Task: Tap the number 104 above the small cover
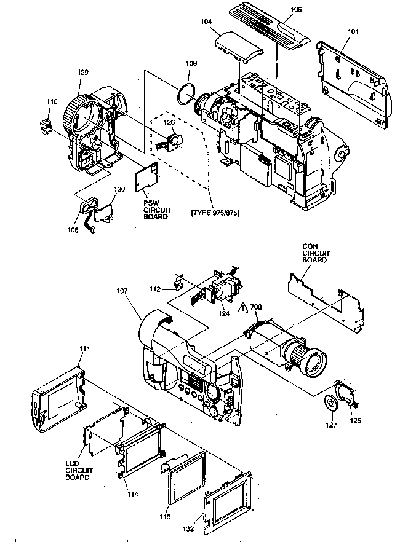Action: pos(206,22)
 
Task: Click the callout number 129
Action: pos(84,73)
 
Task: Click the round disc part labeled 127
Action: pos(331,403)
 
